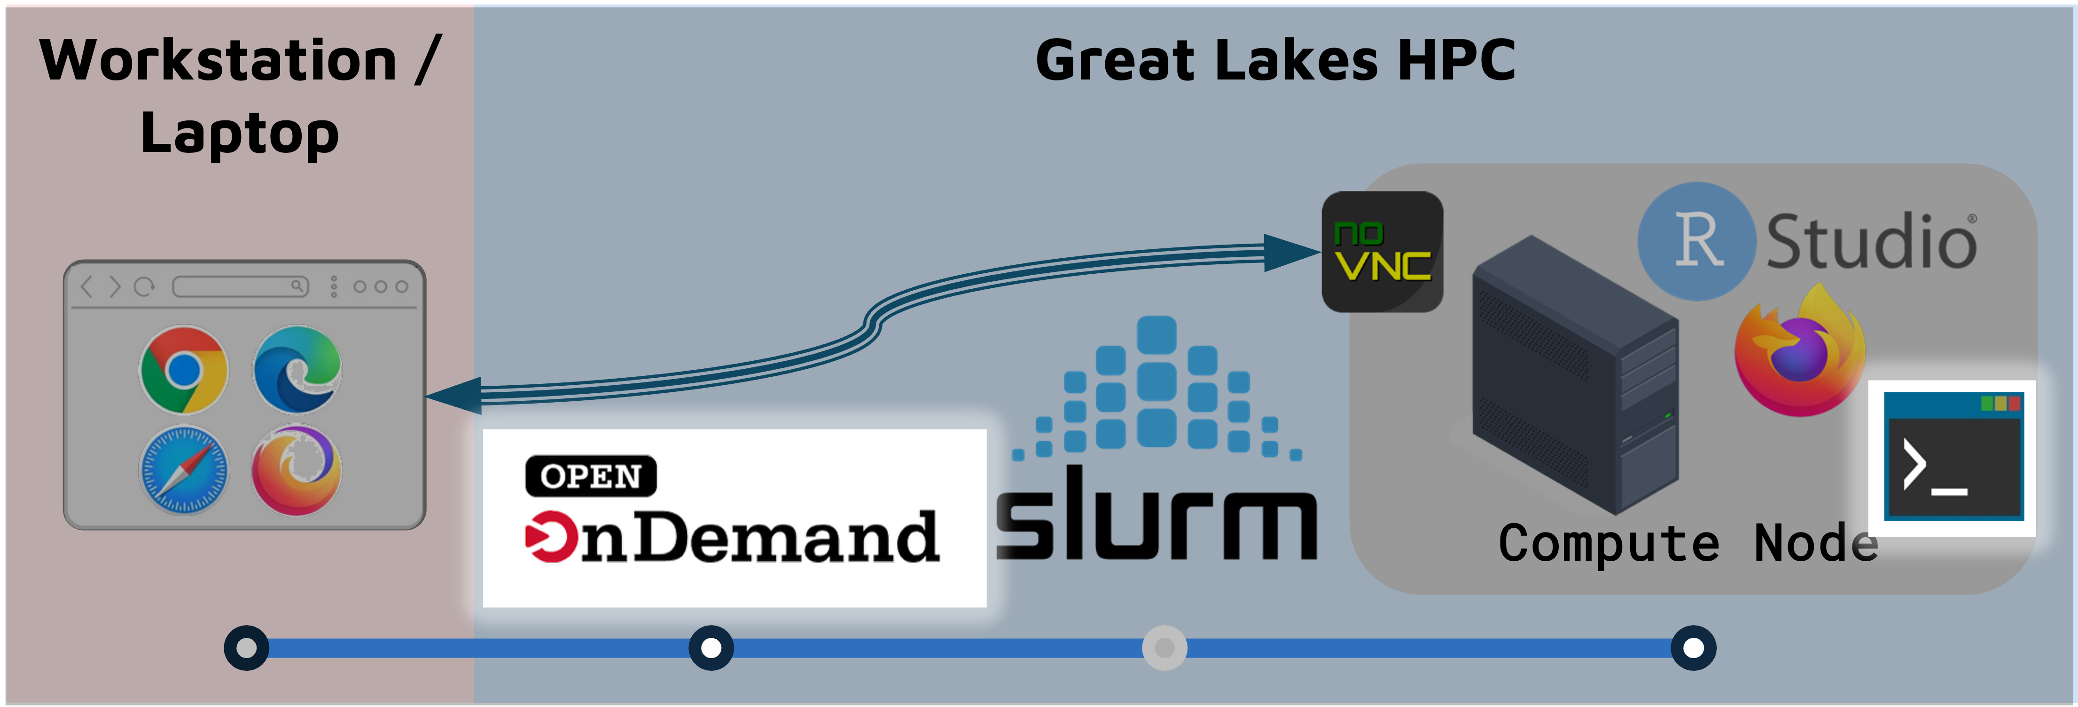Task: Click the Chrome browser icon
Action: pyautogui.click(x=184, y=370)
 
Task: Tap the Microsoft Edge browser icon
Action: pyautogui.click(x=297, y=370)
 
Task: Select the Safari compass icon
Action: pyautogui.click(x=184, y=470)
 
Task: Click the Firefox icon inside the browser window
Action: pyautogui.click(x=297, y=470)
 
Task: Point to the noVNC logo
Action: pyautogui.click(x=1382, y=252)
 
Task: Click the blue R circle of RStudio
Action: pyautogui.click(x=1696, y=240)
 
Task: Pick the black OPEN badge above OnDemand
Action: pyautogui.click(x=591, y=476)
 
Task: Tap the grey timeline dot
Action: pyautogui.click(x=1164, y=647)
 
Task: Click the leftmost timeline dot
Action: pyautogui.click(x=246, y=647)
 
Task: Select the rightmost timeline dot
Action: pyautogui.click(x=1693, y=647)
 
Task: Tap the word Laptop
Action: pyautogui.click(x=240, y=133)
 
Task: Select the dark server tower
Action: pyautogui.click(x=1573, y=375)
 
